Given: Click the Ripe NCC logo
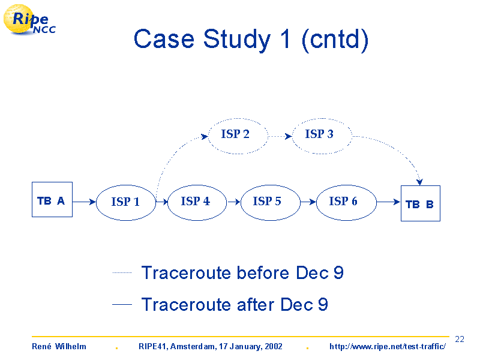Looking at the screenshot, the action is coord(29,19).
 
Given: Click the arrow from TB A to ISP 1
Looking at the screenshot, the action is coord(84,202).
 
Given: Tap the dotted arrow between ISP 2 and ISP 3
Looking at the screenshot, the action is coord(280,136).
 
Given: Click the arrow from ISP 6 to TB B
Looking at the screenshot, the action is coord(388,202).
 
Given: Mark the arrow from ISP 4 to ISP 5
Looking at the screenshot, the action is coord(233,202).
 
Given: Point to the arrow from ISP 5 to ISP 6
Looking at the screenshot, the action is coord(308,202).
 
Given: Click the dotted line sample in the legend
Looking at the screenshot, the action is coord(122,272).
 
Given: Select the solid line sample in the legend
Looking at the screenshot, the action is coord(122,304).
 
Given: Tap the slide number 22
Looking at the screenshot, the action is coord(460,339).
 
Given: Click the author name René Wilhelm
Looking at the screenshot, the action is coord(59,346).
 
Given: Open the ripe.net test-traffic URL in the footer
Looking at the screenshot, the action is coord(388,347).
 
